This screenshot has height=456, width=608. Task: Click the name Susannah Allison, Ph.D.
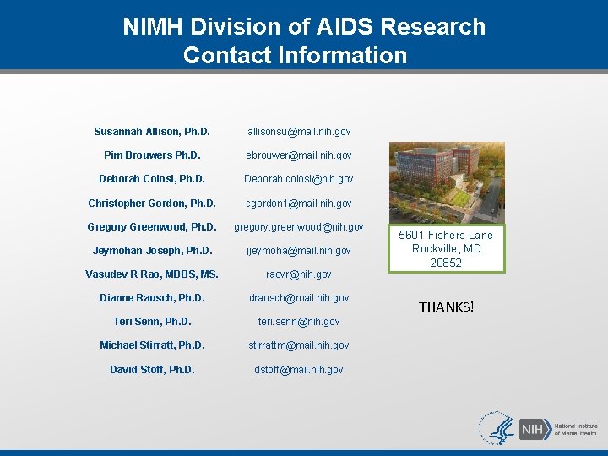[152, 132]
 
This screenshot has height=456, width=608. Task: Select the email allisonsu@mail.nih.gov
[299, 132]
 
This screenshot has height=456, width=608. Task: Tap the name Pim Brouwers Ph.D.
[152, 155]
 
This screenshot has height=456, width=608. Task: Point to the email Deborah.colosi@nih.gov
[299, 179]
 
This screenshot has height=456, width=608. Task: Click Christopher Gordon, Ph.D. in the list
[152, 203]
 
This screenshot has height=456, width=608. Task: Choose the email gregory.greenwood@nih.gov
[299, 226]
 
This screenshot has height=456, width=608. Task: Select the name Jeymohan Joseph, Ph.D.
[152, 250]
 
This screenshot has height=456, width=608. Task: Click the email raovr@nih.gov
[299, 274]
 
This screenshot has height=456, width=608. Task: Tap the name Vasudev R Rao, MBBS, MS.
[152, 274]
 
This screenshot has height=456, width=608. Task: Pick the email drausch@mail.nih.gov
[299, 297]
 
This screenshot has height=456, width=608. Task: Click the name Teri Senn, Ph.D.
[152, 321]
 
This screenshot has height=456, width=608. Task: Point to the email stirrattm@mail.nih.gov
[299, 345]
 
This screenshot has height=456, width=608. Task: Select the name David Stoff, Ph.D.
[152, 369]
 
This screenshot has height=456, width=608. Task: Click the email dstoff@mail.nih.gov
[299, 369]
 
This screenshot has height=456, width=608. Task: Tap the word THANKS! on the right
[447, 307]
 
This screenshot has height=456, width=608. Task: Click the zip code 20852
[446, 263]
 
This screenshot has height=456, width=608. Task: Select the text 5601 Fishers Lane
[446, 235]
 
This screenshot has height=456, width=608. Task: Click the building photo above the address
[446, 182]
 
